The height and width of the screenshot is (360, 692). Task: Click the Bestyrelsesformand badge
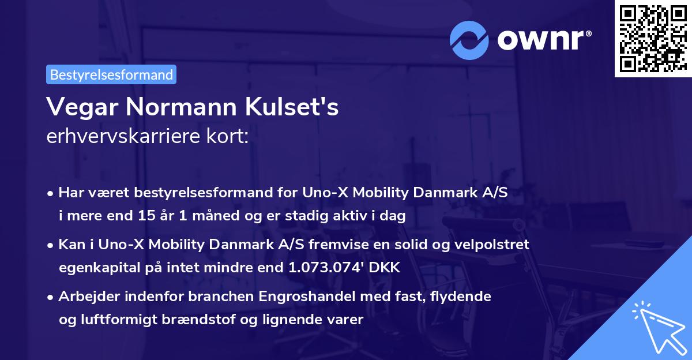coord(111,74)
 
